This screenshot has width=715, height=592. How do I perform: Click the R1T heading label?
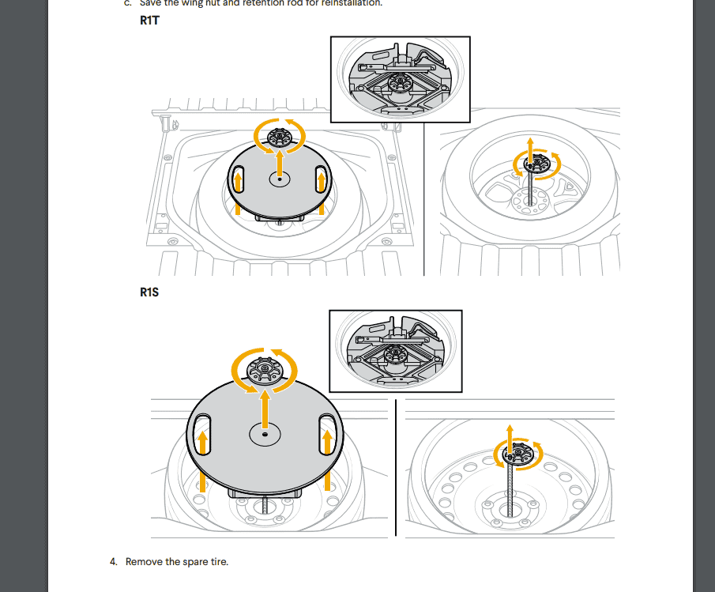(150, 21)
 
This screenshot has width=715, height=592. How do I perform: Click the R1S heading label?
(150, 292)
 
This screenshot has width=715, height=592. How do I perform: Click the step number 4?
(113, 562)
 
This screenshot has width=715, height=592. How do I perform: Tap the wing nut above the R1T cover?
(278, 137)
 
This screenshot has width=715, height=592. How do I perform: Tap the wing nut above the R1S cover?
(264, 368)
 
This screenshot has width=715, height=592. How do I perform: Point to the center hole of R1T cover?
(279, 180)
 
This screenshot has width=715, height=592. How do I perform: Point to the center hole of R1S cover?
(265, 434)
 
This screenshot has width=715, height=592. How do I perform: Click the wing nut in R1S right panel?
(519, 454)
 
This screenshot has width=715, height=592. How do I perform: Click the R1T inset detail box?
(400, 79)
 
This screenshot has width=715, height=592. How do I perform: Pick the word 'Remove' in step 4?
(145, 562)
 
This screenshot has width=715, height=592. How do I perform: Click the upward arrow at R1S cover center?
(265, 407)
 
